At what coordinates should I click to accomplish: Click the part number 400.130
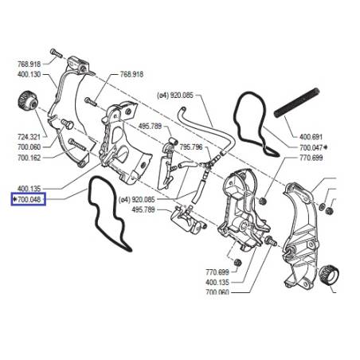tap(29, 74)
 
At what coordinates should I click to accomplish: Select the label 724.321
tap(29, 137)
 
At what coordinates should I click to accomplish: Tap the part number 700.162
tap(29, 158)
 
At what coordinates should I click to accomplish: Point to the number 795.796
tap(191, 147)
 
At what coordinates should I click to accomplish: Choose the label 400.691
tap(311, 137)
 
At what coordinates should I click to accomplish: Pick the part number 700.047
tap(311, 147)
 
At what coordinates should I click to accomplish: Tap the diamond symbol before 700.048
tap(15, 199)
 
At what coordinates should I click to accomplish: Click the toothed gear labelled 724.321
tap(27, 100)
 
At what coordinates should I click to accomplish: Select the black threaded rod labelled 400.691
tap(296, 103)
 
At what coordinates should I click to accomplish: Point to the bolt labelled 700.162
tap(77, 145)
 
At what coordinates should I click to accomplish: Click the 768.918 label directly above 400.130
tap(29, 64)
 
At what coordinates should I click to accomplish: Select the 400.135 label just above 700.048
tap(29, 189)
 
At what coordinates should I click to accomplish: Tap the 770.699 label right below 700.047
tap(311, 158)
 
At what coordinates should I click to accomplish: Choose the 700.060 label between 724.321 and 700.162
tap(29, 147)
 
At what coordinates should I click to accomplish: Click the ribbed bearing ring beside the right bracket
tap(329, 275)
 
